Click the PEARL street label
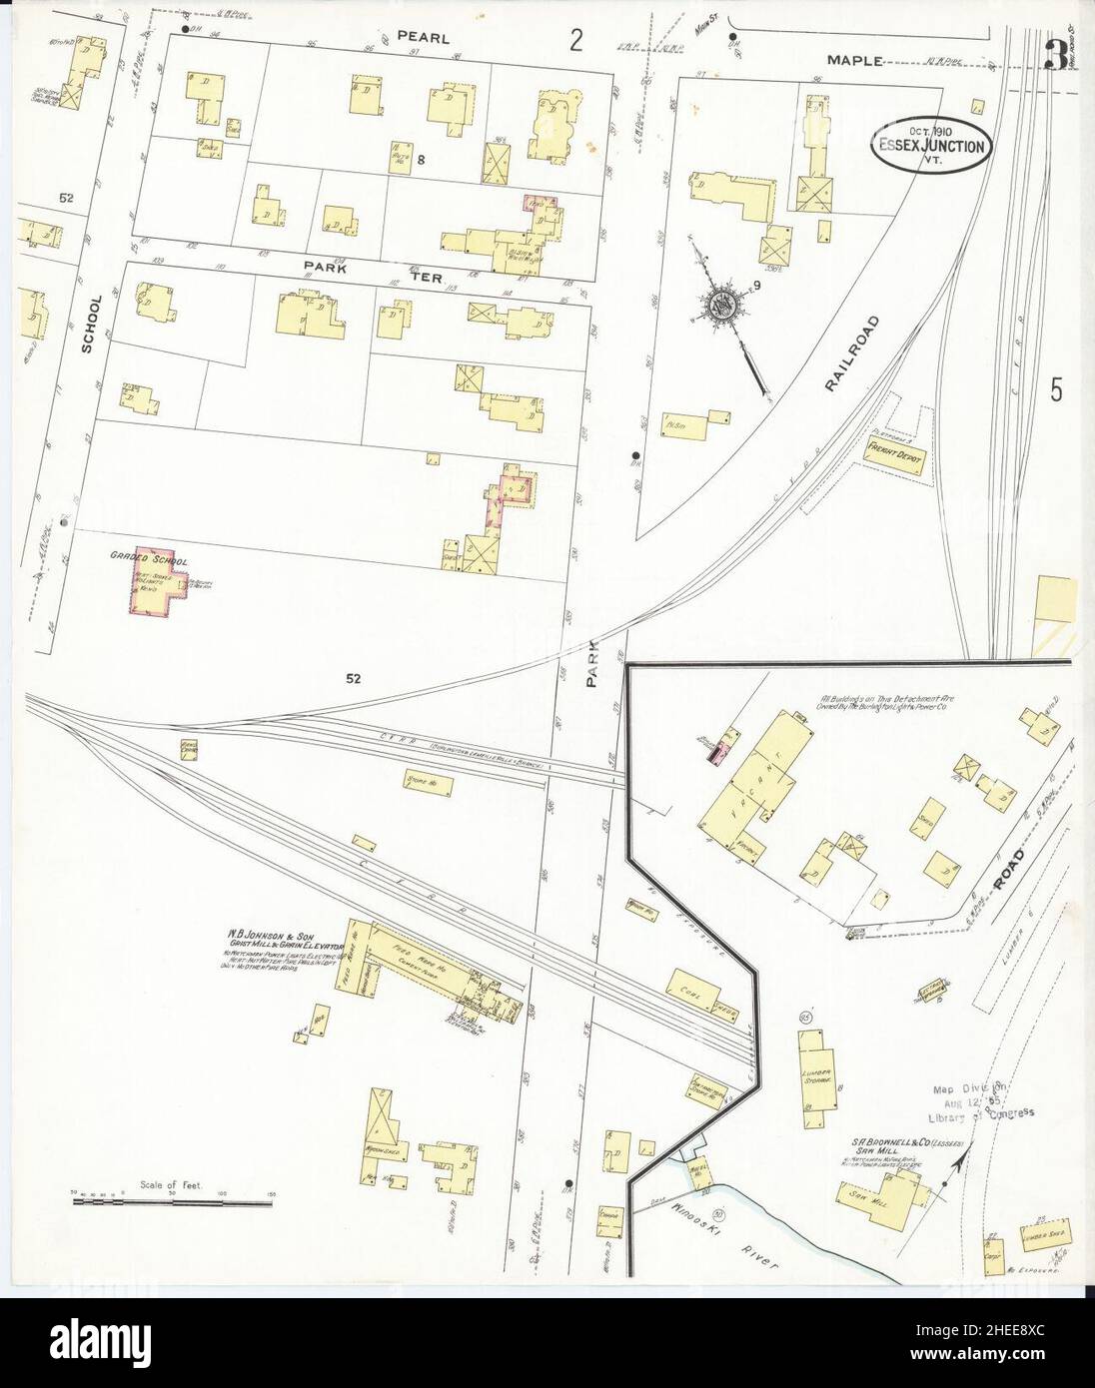[x=422, y=36]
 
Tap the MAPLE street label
[x=854, y=60]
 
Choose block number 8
[x=422, y=160]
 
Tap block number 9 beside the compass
[x=759, y=288]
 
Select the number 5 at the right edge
[x=1056, y=390]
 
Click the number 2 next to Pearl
[x=575, y=40]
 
